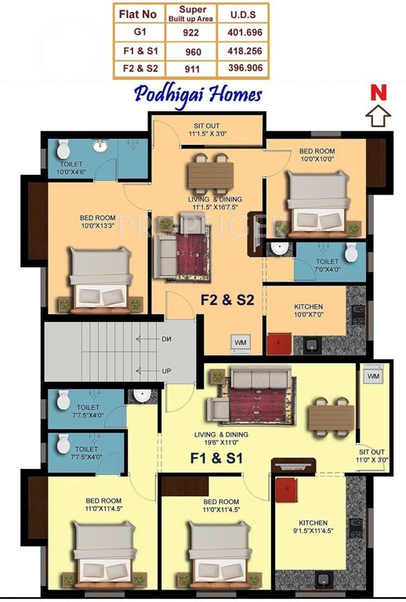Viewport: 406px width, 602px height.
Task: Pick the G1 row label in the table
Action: (140, 33)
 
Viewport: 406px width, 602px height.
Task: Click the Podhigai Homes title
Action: (198, 94)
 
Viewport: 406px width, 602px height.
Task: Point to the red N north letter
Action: (379, 92)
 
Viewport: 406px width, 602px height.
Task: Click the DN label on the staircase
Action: (167, 339)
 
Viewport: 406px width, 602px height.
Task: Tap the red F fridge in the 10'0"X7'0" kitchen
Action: (276, 343)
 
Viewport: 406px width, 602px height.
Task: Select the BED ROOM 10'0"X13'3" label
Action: (98, 223)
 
